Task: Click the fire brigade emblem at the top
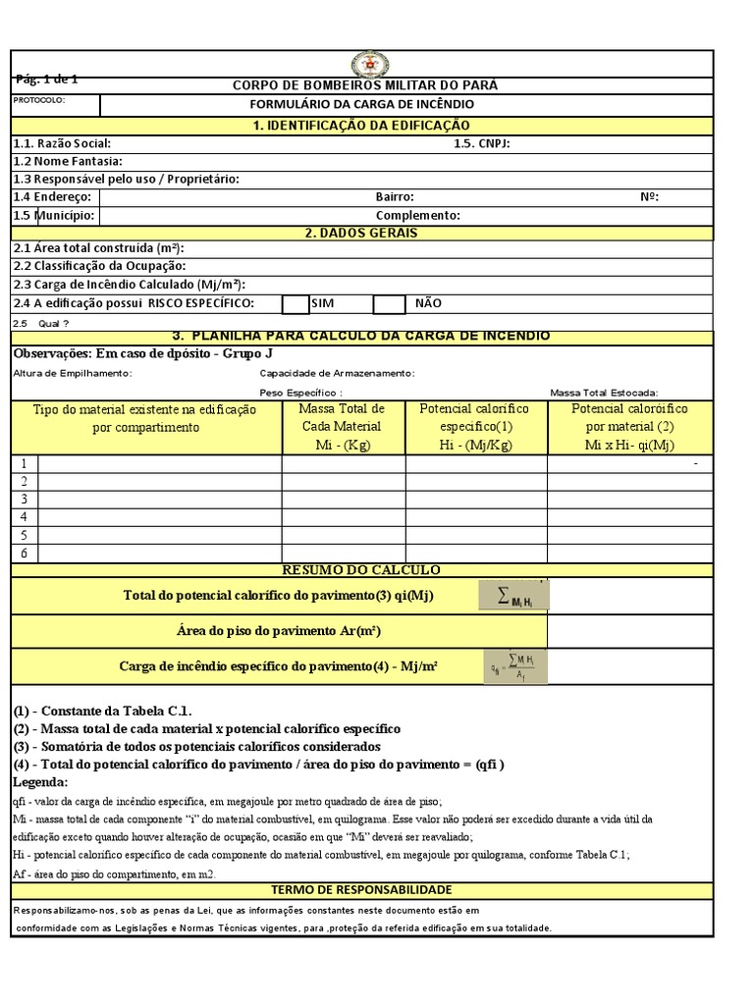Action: [371, 65]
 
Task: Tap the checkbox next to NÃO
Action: [389, 304]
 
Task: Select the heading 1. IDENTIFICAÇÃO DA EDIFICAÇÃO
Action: [361, 125]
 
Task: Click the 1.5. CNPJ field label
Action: [482, 143]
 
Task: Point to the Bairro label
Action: [395, 196]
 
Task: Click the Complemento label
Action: [417, 215]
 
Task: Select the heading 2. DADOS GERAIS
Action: [361, 233]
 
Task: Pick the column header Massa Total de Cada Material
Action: [343, 426]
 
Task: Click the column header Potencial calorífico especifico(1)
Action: [474, 426]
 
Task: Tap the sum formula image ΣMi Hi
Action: [513, 596]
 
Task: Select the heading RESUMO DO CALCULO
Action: [361, 570]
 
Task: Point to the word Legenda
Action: [41, 782]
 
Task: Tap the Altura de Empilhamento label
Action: [73, 373]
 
